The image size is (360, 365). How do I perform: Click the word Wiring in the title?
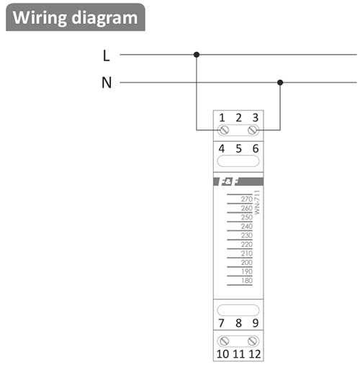click(x=40, y=18)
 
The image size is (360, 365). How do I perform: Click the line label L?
click(x=106, y=55)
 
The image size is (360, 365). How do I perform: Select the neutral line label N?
click(x=107, y=83)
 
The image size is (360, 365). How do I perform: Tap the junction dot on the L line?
click(x=197, y=55)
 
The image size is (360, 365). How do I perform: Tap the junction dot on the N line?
click(x=280, y=83)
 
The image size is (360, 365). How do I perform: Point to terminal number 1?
click(x=222, y=118)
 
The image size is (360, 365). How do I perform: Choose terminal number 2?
click(x=238, y=118)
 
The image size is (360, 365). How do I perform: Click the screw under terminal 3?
click(x=253, y=130)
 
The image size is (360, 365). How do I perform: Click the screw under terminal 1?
click(x=225, y=130)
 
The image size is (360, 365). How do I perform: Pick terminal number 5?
click(x=238, y=148)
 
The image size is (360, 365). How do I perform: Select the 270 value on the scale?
click(x=247, y=199)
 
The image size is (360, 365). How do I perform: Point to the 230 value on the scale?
click(x=247, y=235)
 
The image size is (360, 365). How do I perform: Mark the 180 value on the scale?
click(x=247, y=281)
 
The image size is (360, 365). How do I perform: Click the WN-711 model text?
click(x=257, y=202)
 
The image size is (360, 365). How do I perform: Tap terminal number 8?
click(x=238, y=323)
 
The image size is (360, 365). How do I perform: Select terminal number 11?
click(x=239, y=354)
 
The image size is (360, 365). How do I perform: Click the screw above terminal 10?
click(x=225, y=341)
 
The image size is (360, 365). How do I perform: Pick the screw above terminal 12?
click(x=253, y=341)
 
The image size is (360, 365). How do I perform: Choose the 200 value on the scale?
click(x=247, y=262)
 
